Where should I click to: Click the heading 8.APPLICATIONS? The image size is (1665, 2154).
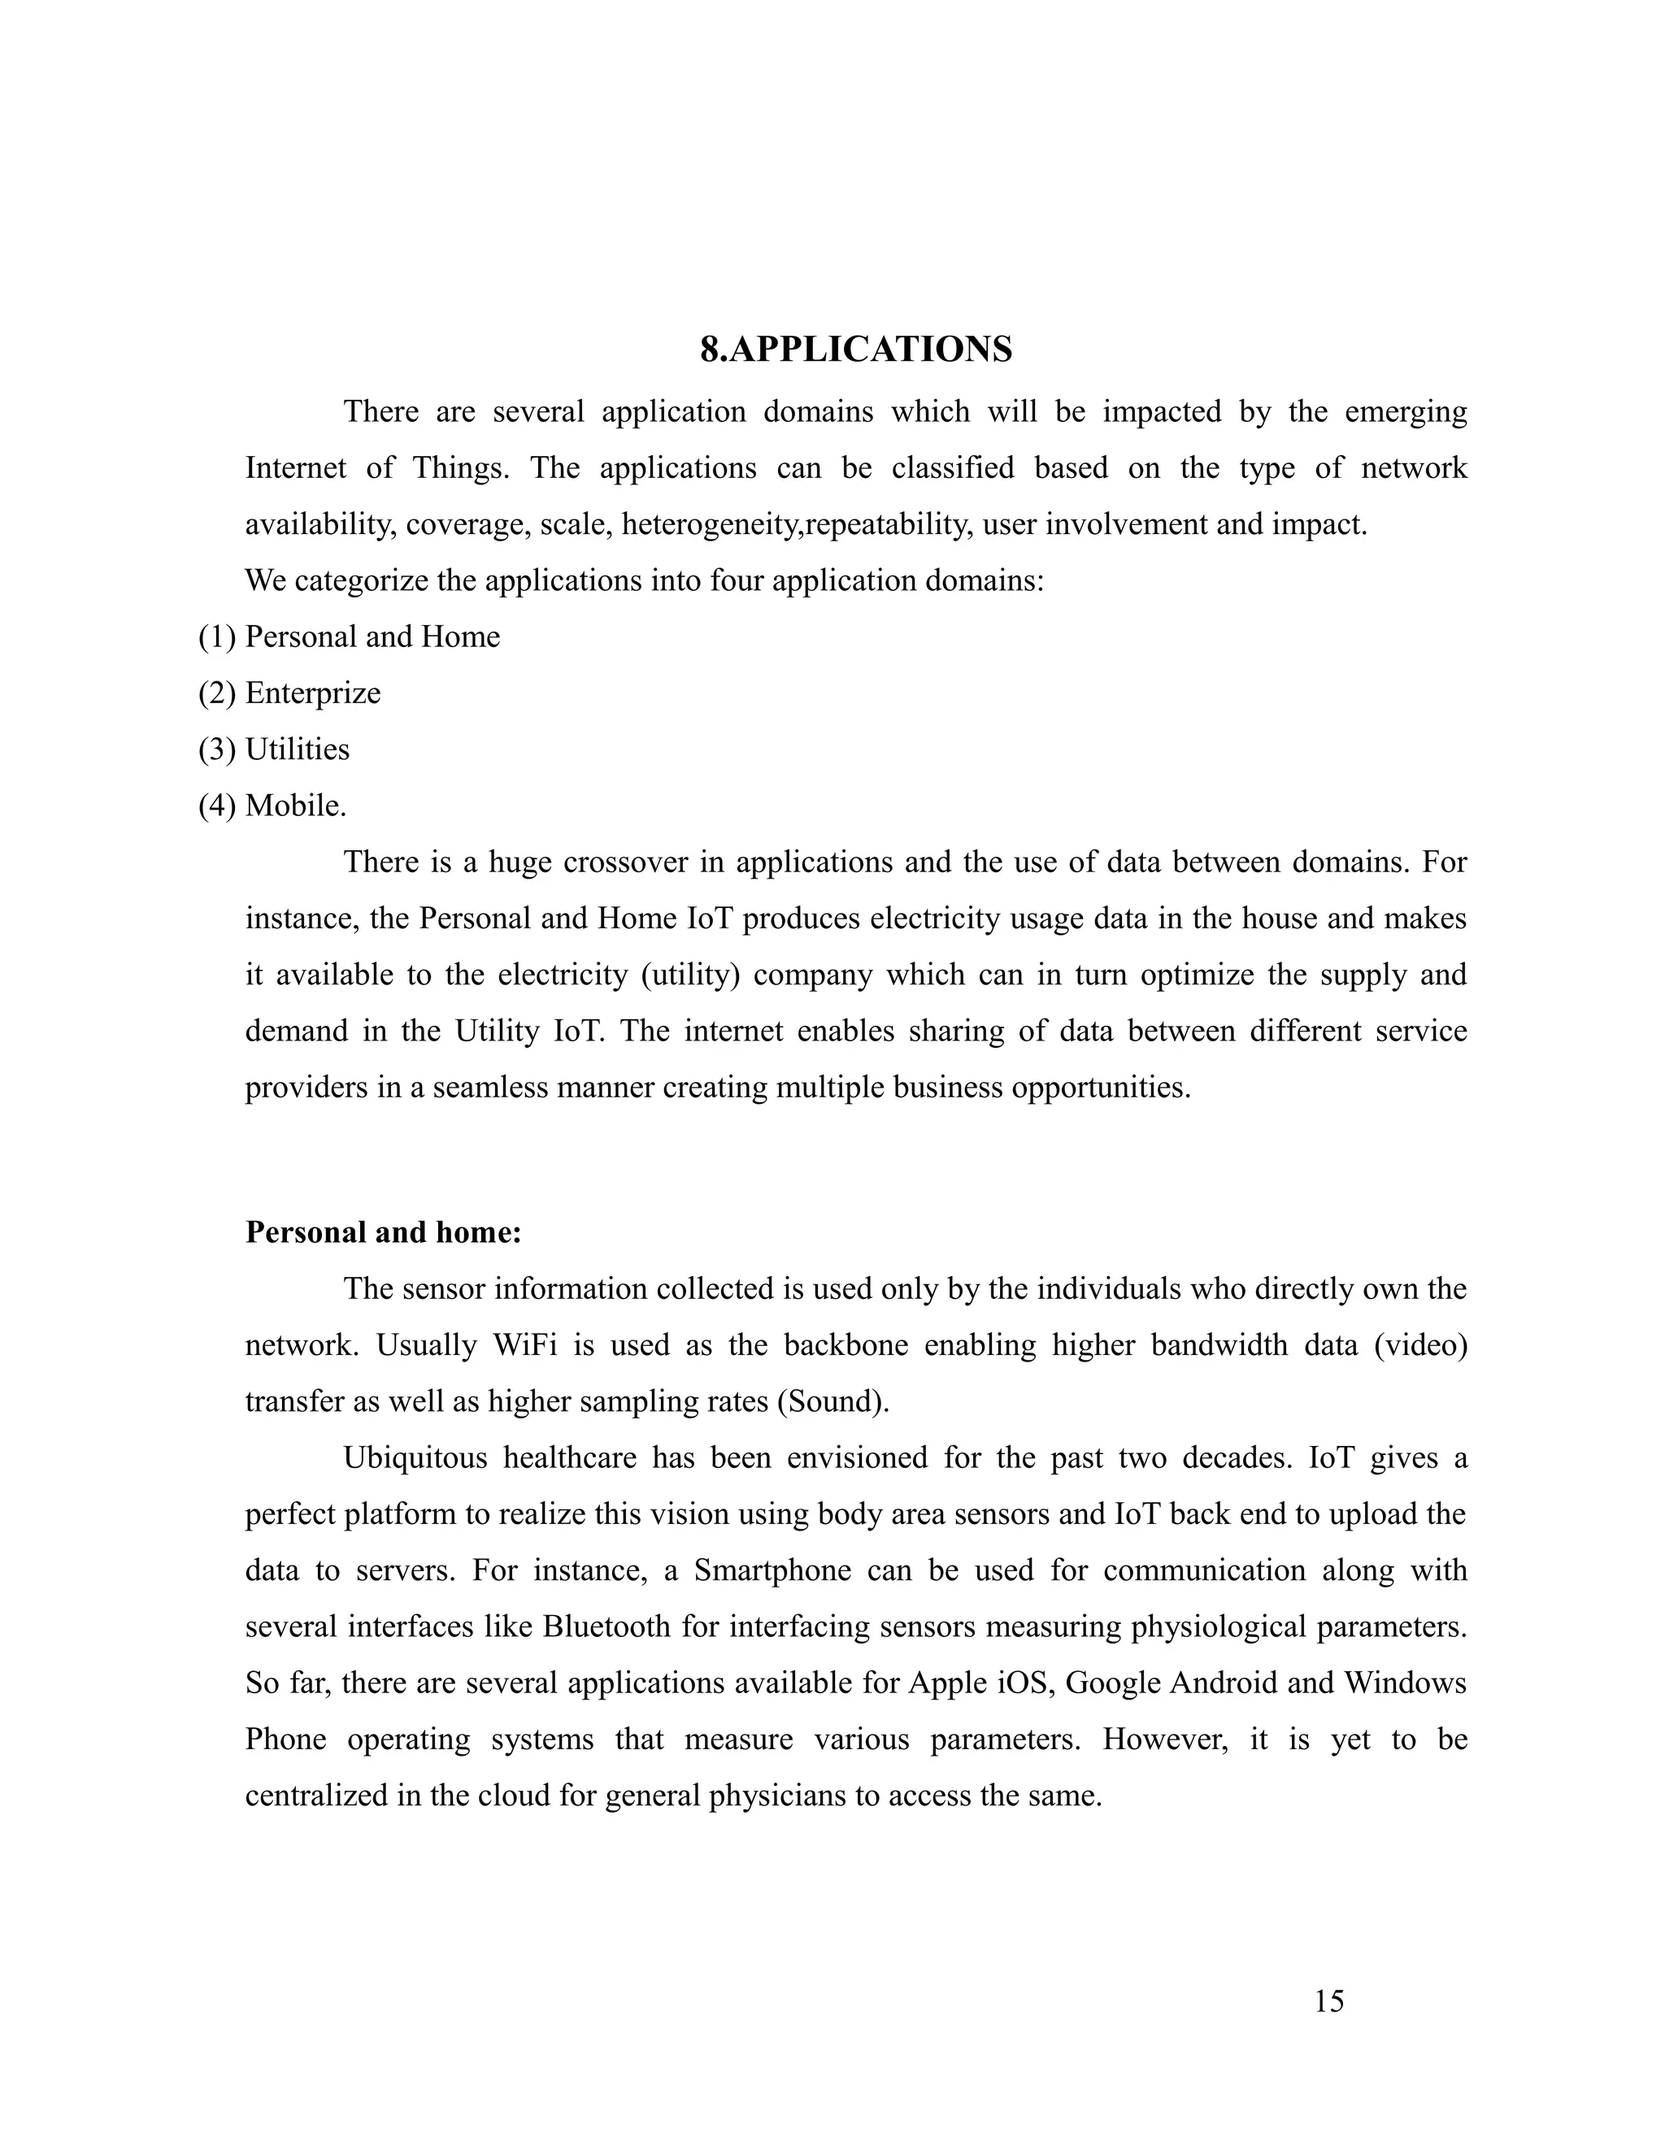point(855,350)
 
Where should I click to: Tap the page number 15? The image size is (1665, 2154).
point(1328,2002)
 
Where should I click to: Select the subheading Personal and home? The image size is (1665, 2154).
point(383,1233)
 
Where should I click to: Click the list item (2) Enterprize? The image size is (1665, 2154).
point(289,693)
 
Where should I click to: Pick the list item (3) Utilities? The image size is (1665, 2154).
point(274,749)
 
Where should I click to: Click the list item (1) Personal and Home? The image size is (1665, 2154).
point(349,637)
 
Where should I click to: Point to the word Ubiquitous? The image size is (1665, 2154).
point(415,1457)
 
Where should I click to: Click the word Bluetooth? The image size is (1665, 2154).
point(606,1626)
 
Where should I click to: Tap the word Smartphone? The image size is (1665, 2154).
point(772,1570)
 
